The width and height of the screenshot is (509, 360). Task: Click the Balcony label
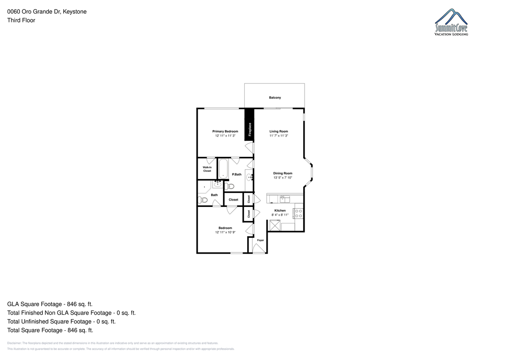point(275,98)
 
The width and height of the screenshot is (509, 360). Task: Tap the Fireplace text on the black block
point(250,129)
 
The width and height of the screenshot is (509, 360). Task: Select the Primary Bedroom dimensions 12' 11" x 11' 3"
point(225,136)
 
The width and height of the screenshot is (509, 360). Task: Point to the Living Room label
point(279,131)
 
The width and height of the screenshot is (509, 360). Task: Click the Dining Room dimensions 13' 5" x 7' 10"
point(282,178)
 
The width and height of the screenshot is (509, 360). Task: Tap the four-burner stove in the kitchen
point(299,214)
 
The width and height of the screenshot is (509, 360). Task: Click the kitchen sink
point(285,199)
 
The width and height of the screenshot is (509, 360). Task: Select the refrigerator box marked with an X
point(275,225)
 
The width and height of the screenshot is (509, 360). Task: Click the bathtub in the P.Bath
point(223,169)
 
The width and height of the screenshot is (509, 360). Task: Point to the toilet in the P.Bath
point(229,187)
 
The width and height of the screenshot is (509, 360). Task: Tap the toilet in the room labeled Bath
point(203,200)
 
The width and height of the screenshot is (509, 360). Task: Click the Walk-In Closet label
point(207,169)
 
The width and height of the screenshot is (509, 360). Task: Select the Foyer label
point(260,240)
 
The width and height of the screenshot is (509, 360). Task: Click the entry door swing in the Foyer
point(259,248)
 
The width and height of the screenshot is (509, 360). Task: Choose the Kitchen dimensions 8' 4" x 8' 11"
point(280,215)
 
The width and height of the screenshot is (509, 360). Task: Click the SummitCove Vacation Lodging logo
point(451,22)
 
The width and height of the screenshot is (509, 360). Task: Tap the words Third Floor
point(21,20)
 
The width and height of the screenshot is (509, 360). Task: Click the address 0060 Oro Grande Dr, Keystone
point(47,11)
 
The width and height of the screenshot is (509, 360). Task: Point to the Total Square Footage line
point(50,330)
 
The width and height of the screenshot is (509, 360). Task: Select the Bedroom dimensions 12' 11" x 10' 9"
point(225,232)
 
